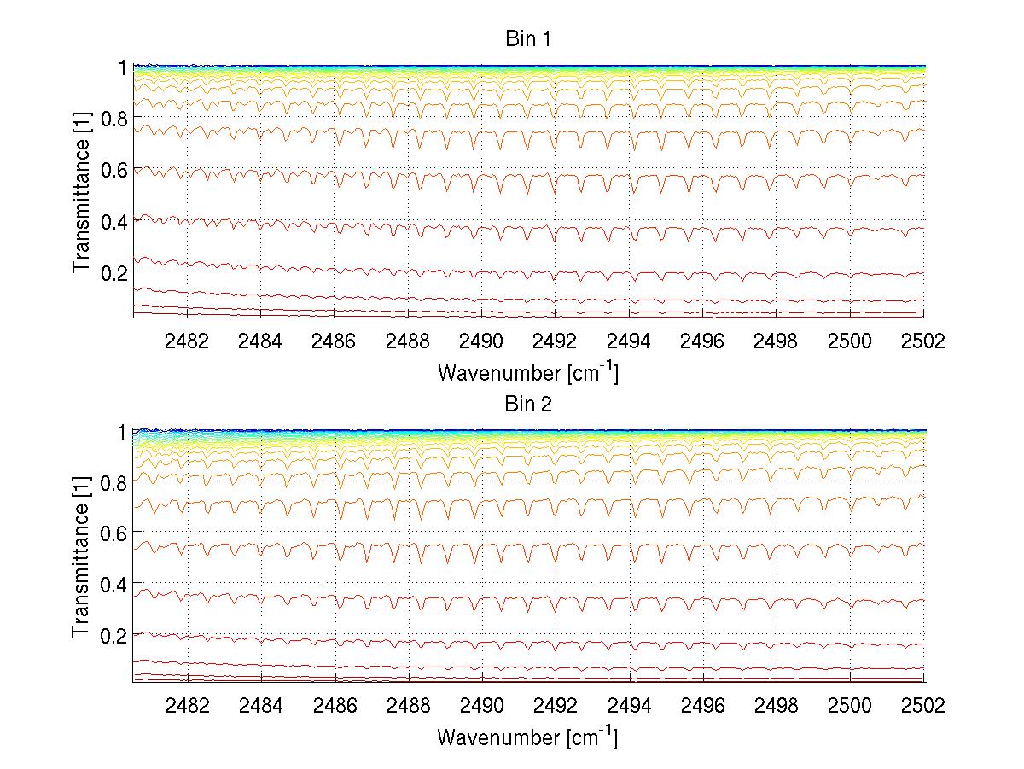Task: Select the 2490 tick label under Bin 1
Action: tap(482, 341)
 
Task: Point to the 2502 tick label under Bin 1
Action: tap(924, 341)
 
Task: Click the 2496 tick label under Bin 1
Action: tap(703, 341)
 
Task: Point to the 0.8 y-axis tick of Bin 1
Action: tap(113, 119)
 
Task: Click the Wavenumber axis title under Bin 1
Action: tap(527, 372)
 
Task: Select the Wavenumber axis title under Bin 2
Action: tap(527, 736)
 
